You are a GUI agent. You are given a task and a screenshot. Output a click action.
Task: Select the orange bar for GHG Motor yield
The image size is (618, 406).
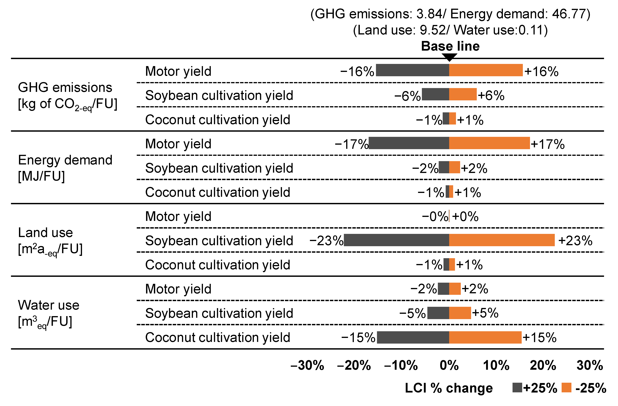tap(486, 70)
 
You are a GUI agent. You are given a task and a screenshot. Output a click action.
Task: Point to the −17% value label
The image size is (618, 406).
tap(351, 144)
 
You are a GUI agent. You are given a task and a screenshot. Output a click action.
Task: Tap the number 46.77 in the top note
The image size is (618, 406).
tap(568, 14)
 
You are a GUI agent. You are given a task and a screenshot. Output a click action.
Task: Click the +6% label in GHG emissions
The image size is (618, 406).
tap(491, 95)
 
